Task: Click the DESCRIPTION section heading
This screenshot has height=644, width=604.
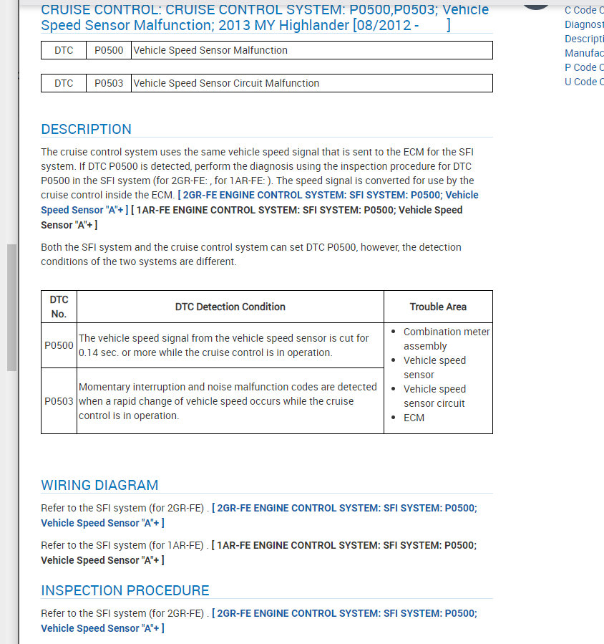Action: [x=87, y=130]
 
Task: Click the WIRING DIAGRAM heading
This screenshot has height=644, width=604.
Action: [x=99, y=485]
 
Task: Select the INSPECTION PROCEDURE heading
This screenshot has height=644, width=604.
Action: [x=125, y=591]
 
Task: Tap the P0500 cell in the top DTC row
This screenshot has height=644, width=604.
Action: [x=109, y=50]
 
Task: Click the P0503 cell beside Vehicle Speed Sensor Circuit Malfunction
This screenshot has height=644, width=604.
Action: [x=109, y=83]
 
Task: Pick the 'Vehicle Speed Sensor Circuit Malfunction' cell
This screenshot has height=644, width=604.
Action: [x=226, y=83]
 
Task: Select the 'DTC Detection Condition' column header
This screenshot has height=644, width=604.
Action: [x=230, y=307]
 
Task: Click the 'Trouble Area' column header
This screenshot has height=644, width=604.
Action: [x=438, y=307]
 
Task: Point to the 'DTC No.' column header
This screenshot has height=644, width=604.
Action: [x=59, y=307]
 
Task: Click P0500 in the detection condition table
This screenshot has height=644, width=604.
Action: [x=59, y=345]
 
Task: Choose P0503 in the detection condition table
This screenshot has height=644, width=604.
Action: [x=59, y=401]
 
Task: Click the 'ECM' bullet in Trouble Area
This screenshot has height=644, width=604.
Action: [x=414, y=418]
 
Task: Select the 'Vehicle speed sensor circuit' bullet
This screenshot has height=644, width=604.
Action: [x=434, y=396]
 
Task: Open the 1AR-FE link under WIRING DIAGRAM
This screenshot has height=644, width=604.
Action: [x=344, y=545]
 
